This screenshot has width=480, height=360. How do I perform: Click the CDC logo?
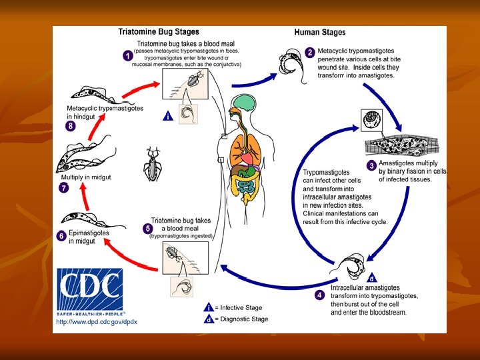(x=89, y=291)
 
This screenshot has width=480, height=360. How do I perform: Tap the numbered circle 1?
(x=127, y=56)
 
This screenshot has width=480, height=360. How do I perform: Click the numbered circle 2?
(x=310, y=52)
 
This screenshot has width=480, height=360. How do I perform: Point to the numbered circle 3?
(x=372, y=165)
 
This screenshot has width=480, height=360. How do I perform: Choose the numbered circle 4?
(x=320, y=294)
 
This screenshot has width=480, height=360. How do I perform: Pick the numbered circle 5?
(x=147, y=229)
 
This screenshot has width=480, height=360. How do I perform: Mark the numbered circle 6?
(x=61, y=235)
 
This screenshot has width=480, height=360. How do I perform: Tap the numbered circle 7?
(x=64, y=188)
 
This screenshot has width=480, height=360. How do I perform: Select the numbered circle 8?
(x=70, y=126)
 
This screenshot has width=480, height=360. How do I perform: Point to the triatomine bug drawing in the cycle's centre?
(x=153, y=162)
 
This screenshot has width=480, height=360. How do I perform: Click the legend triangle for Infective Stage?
(x=209, y=307)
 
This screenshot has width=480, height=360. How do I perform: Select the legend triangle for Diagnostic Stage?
(x=209, y=319)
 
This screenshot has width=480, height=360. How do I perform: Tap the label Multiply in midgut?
(x=86, y=177)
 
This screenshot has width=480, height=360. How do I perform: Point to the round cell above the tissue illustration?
(x=370, y=120)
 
